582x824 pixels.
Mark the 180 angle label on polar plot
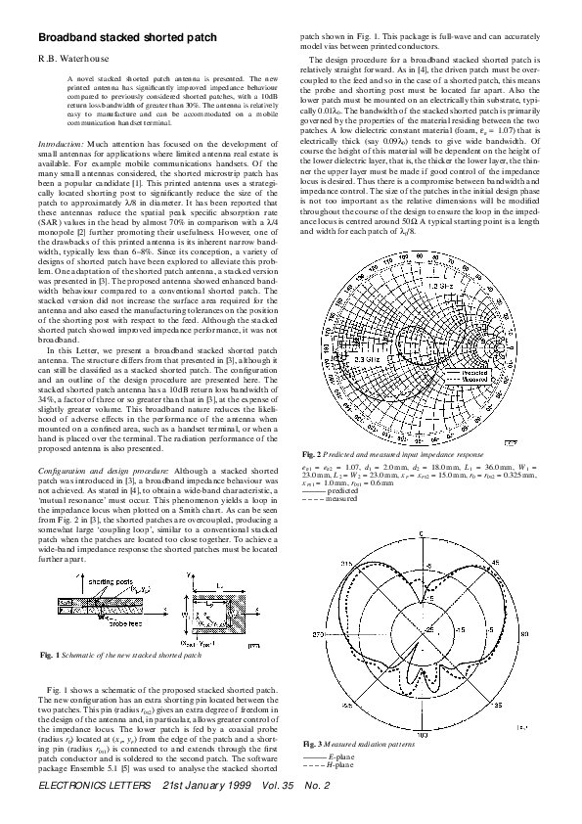coord(420,729)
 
